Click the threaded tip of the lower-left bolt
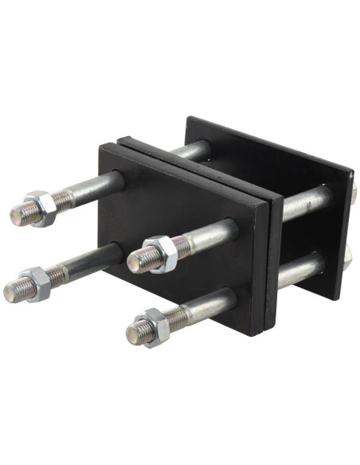click(x=14, y=291)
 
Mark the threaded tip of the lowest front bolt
click(x=135, y=332)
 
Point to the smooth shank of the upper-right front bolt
click(x=211, y=235)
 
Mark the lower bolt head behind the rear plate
click(x=348, y=255)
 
